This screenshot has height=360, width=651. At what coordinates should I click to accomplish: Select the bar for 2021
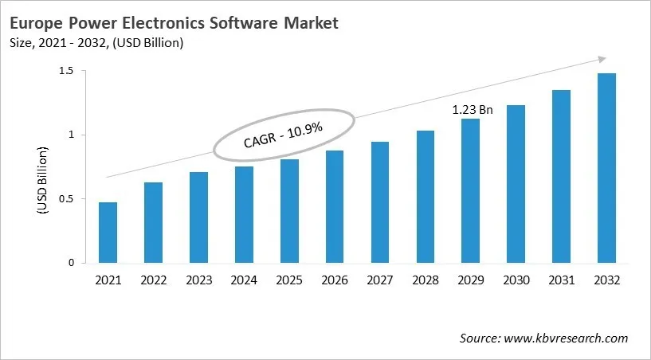click(x=108, y=233)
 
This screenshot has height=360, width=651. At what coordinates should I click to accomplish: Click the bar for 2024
click(x=244, y=214)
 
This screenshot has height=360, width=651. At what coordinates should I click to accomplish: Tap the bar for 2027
click(x=380, y=202)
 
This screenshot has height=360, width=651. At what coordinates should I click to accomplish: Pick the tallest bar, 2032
click(x=606, y=168)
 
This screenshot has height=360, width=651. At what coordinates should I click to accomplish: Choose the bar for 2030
click(x=516, y=184)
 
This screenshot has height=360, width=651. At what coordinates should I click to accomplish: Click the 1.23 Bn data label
click(x=473, y=110)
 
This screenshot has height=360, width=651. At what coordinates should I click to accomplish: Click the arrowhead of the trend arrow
click(x=601, y=59)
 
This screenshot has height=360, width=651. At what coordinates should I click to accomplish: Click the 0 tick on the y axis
click(x=70, y=263)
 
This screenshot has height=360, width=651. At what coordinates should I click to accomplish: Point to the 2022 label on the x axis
click(x=153, y=280)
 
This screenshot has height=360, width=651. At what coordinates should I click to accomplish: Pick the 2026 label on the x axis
click(x=335, y=280)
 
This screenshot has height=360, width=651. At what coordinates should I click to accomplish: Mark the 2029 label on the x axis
click(x=470, y=280)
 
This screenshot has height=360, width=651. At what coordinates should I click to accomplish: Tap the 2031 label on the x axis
click(x=561, y=280)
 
